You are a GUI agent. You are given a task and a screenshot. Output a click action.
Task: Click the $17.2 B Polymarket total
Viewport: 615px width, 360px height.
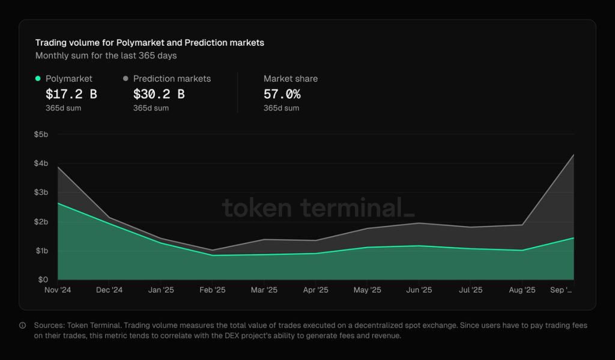tap(71, 94)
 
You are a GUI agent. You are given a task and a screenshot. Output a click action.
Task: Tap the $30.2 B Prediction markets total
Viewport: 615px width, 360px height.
tap(159, 94)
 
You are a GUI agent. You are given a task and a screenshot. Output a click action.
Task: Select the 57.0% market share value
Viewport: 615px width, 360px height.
tap(282, 94)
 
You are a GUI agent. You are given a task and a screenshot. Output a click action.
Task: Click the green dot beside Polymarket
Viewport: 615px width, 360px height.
tap(38, 78)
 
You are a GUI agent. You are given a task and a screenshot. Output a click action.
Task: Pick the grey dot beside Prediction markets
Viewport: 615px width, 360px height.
tap(126, 78)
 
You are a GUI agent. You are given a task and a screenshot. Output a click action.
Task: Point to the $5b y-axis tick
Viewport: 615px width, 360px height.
tap(41, 134)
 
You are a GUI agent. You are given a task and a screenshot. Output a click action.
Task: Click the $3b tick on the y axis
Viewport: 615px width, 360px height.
tap(41, 192)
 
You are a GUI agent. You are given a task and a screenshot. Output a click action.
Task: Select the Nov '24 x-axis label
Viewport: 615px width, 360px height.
tap(58, 290)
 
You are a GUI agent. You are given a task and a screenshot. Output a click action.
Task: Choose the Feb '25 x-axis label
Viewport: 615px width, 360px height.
tap(212, 290)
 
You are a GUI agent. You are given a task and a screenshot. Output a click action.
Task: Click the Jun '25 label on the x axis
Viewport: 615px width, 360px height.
tap(419, 290)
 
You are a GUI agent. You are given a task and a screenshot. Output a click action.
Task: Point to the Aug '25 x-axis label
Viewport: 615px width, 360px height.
tap(522, 290)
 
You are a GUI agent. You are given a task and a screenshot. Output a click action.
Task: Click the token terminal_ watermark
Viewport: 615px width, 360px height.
tap(318, 208)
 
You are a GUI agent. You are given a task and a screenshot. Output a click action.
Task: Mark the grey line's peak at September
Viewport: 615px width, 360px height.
tap(574, 155)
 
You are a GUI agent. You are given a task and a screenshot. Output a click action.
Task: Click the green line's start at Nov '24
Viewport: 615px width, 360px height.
tap(58, 203)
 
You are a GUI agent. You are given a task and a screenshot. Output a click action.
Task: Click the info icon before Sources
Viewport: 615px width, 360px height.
tap(22, 325)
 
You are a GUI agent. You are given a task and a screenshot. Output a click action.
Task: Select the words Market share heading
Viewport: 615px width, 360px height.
tap(291, 79)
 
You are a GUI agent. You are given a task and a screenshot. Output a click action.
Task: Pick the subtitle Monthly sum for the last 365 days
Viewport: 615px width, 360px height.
tap(106, 55)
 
